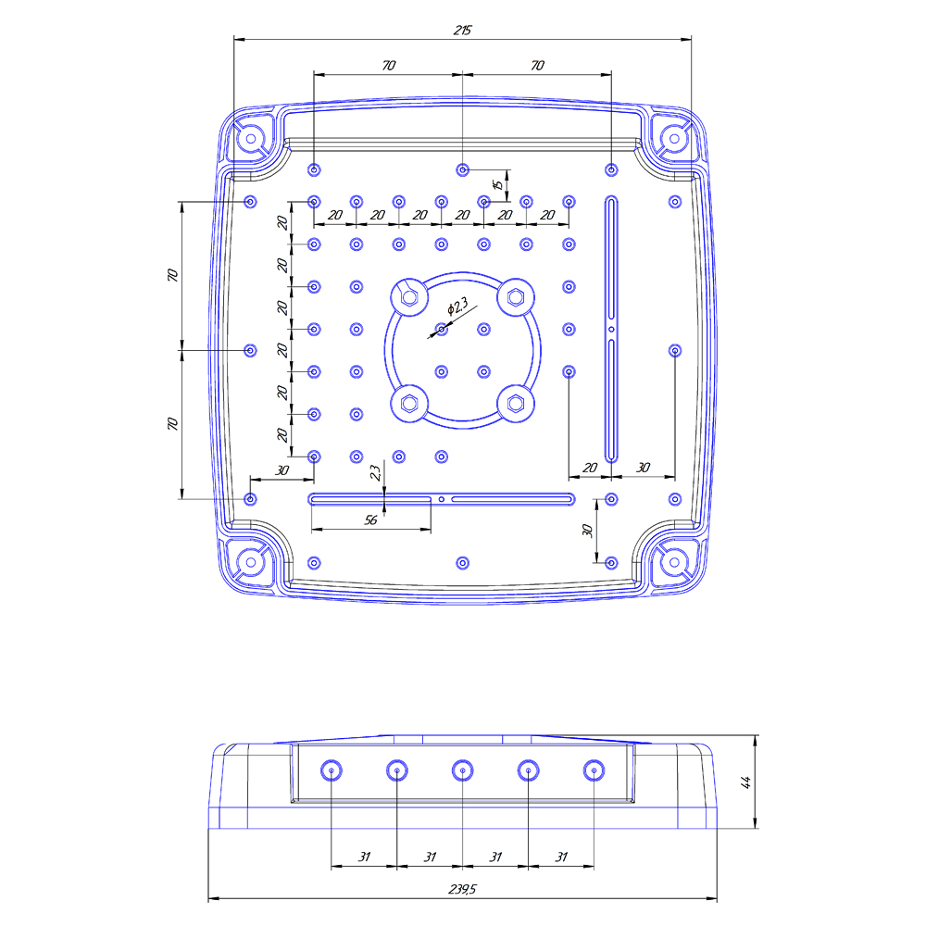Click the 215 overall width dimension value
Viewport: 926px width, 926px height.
click(462, 31)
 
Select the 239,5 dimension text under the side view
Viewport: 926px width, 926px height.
click(462, 889)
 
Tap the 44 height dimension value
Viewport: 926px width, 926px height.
click(746, 782)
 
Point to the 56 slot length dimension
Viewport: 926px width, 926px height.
click(370, 520)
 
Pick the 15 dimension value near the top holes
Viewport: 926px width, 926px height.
click(497, 184)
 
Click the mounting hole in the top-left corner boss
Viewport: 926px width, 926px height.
click(249, 139)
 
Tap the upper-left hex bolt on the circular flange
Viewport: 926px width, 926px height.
click(408, 298)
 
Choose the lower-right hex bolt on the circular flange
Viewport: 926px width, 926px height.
click(516, 403)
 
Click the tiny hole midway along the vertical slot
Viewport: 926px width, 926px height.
click(611, 329)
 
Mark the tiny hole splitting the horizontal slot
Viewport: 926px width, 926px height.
click(442, 499)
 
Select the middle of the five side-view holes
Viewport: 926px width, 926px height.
click(462, 770)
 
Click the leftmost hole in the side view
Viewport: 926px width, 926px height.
click(332, 770)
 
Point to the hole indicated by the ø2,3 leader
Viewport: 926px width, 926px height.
click(442, 329)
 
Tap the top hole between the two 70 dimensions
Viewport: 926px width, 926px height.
click(463, 169)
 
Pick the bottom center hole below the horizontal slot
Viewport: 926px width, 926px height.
click(463, 562)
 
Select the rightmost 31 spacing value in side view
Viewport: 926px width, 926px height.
click(560, 857)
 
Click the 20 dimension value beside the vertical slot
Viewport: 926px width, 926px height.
click(589, 468)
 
